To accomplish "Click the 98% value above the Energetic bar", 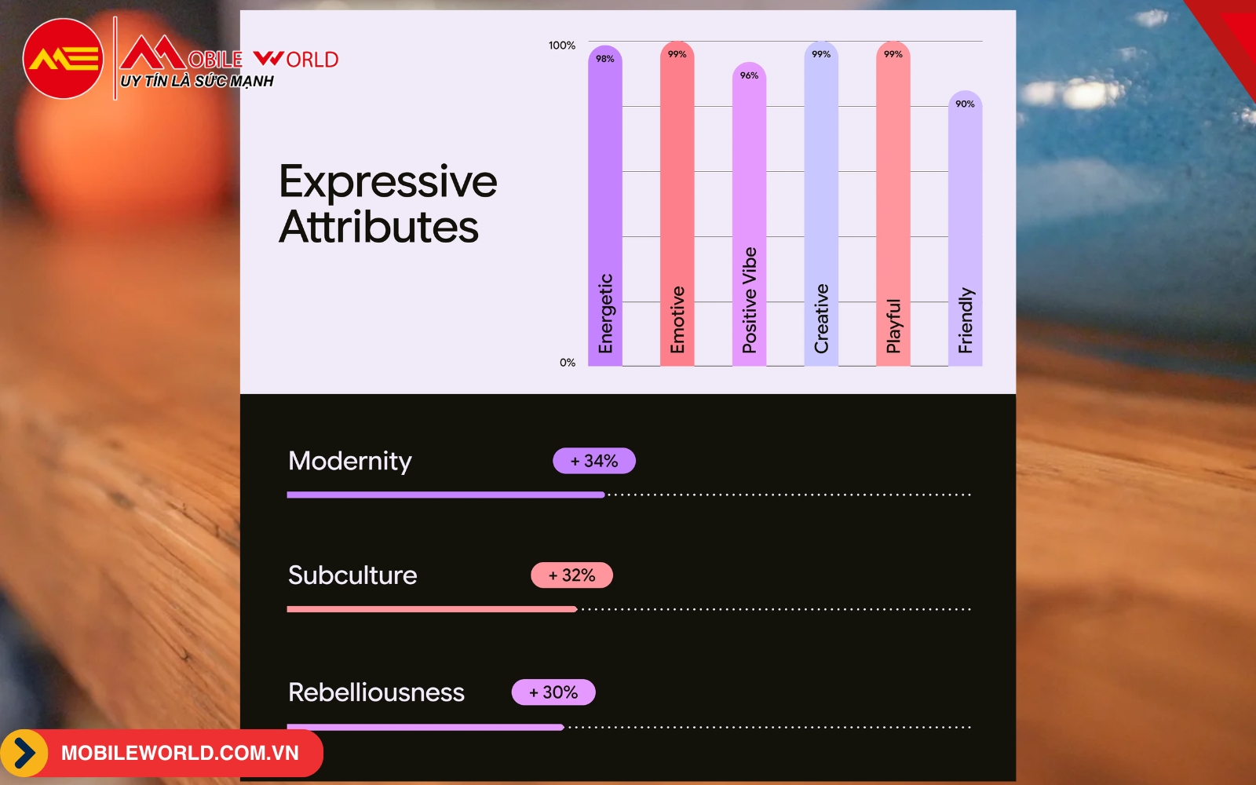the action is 604,59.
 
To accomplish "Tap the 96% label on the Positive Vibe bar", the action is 749,75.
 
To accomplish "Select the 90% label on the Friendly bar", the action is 965,104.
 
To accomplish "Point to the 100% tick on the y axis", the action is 562,46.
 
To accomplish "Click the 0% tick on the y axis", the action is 568,363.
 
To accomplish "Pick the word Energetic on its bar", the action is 605,313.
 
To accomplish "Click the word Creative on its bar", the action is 821,319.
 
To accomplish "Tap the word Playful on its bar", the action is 893,326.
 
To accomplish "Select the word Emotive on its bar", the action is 677,319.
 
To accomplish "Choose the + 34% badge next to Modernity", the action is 593,461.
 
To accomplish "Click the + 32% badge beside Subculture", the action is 572,575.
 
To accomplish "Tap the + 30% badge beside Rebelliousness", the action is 553,692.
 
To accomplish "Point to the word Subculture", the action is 352,575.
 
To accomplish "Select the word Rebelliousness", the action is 376,692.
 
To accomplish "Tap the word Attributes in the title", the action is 379,227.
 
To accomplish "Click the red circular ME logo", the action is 63,59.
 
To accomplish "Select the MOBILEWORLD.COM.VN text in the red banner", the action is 180,753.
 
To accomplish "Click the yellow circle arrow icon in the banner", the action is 24,753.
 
